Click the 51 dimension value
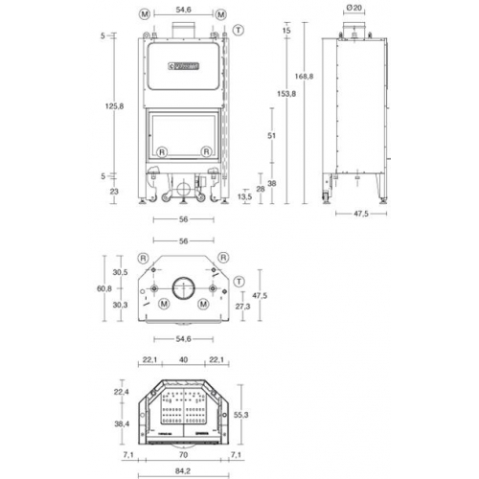point(273,137)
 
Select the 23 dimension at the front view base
point(115,192)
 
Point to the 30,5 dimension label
point(121,272)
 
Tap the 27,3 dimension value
point(243,306)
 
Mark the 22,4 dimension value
point(121,391)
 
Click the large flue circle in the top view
point(181,285)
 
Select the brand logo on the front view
point(182,65)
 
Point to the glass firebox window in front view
point(182,131)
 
